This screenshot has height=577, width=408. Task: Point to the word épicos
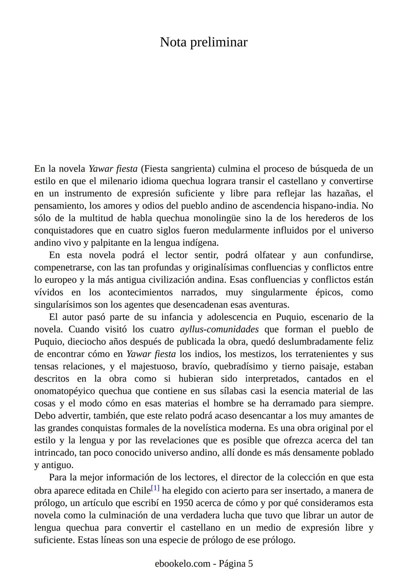(328, 292)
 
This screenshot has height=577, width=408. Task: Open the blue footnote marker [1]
(155, 488)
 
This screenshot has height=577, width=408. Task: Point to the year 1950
(184, 503)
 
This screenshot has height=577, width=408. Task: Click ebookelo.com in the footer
(182, 563)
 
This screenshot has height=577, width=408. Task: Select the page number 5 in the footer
(250, 563)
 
